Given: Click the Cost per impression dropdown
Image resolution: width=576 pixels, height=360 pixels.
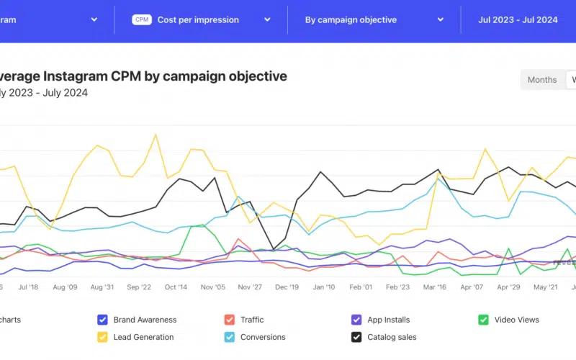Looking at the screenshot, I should [202, 20].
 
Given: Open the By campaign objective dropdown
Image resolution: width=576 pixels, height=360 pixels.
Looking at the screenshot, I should [374, 20].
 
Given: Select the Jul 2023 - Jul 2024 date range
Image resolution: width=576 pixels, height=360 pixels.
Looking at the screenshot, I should [518, 20].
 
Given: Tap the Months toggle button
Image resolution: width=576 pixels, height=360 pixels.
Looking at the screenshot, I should [542, 80].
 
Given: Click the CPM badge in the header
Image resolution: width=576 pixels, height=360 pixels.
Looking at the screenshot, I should [142, 20].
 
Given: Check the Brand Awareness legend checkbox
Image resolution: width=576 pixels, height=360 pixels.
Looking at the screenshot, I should [102, 320].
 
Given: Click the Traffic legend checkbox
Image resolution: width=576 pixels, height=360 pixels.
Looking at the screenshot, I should [230, 320].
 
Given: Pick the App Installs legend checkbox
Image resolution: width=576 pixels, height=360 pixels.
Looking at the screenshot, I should [356, 320].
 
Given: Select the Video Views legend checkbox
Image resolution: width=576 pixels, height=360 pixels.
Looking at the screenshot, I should [484, 320].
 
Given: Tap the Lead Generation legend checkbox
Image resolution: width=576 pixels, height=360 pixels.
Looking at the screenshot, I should [102, 337].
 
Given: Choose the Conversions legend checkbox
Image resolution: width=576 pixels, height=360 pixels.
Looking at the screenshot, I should [230, 337].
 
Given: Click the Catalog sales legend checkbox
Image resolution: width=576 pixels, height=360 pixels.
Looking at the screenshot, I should [356, 337].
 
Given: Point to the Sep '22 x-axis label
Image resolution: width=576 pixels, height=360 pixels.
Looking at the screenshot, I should [138, 287].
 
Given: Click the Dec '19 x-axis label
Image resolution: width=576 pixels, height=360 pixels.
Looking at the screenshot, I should [287, 287].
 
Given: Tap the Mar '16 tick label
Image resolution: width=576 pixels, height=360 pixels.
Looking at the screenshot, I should [434, 287].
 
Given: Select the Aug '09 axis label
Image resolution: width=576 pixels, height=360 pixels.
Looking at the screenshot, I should [64, 287].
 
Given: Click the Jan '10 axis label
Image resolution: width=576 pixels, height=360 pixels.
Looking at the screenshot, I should [323, 287].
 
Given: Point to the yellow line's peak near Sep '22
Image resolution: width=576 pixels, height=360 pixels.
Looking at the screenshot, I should [156, 135].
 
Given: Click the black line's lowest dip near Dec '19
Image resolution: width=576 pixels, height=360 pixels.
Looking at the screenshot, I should [274, 250].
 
